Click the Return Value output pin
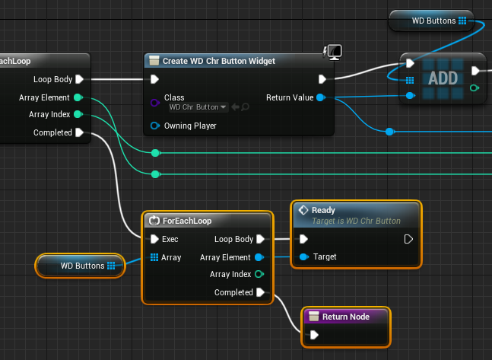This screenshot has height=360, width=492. [x=320, y=97]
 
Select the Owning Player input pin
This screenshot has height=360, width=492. [x=154, y=126]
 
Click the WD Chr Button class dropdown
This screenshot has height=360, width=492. [x=198, y=107]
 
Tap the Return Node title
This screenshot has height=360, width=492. [x=346, y=317]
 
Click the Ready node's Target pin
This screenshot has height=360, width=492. [x=303, y=257]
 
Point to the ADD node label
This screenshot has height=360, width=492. [x=443, y=78]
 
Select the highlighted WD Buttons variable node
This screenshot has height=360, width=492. [x=81, y=266]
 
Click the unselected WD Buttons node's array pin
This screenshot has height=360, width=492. [x=462, y=21]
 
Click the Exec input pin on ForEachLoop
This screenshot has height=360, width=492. [x=154, y=239]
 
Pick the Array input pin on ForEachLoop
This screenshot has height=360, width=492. [x=154, y=257]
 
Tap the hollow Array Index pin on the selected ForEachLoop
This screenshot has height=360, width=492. [x=259, y=274]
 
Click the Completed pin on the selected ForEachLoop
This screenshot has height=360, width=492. [x=260, y=292]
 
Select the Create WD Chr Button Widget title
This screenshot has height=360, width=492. [x=219, y=61]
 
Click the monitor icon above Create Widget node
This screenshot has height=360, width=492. [x=335, y=52]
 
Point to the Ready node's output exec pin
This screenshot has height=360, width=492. [x=408, y=239]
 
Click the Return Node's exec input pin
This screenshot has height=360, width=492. [x=314, y=335]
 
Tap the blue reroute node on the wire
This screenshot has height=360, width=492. [x=389, y=132]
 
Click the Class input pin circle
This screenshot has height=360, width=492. [x=154, y=103]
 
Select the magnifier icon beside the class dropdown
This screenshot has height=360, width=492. [x=246, y=107]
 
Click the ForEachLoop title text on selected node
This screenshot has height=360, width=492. [x=187, y=221]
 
